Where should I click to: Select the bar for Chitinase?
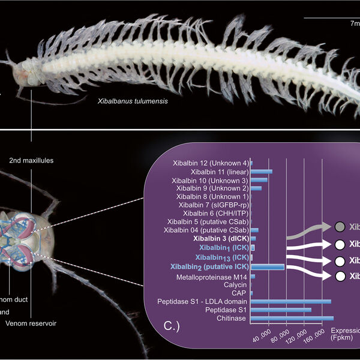[x=292, y=318]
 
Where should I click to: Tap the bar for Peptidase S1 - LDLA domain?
[x=290, y=301]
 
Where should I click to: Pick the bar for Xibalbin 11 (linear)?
[x=261, y=172]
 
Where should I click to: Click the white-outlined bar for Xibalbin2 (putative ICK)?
[x=267, y=266]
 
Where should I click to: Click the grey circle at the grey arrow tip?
[x=340, y=226]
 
